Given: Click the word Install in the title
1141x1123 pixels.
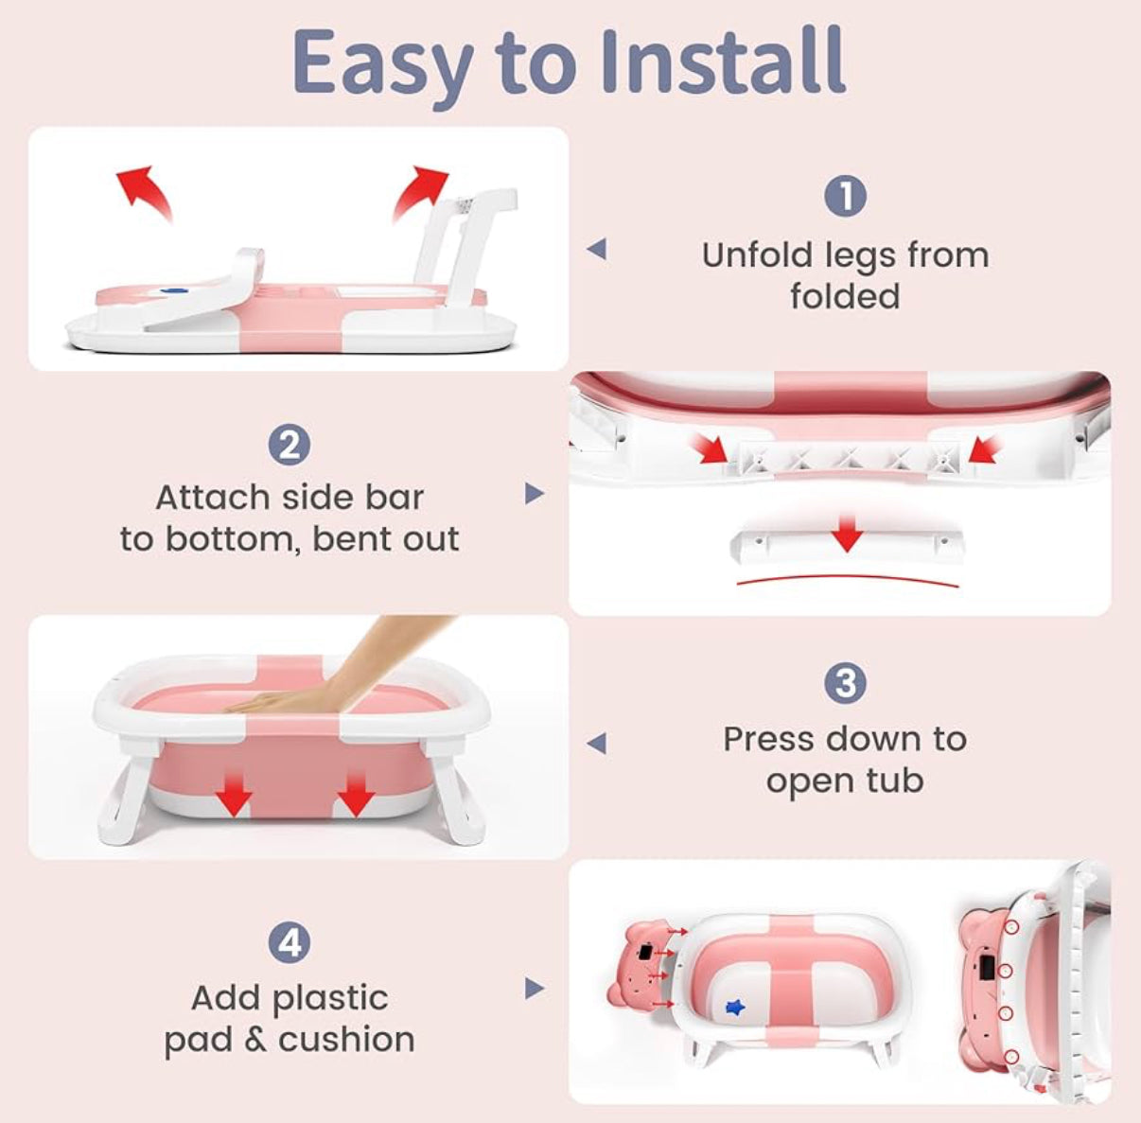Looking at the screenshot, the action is pos(723,61).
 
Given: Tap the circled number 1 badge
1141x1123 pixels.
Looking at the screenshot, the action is pos(845,197).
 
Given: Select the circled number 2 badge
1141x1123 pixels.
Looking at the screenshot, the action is pos(290,446).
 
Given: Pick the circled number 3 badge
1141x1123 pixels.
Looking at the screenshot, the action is pos(845,683).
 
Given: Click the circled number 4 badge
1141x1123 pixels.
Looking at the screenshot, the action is pos(290,942).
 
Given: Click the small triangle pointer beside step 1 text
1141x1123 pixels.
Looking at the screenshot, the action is pos(597,249).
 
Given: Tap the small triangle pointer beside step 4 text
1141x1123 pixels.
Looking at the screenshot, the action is pos(534,988).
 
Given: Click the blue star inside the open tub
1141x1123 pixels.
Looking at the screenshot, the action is pos(735,1007).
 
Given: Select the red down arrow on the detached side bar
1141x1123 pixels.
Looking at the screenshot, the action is pos(847,532).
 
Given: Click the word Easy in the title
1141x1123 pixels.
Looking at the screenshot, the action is pos(382,66).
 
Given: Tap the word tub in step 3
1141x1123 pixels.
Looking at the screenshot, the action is pos(895,781).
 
